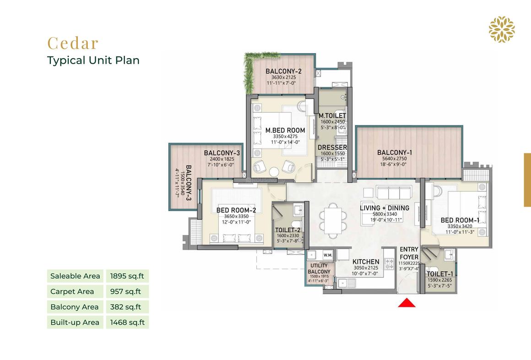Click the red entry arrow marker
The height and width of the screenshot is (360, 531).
(x=406, y=303)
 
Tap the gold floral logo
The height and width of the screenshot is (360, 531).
(x=502, y=29)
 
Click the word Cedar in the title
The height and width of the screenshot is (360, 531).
(x=73, y=43)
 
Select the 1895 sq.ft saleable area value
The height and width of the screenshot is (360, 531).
(x=127, y=276)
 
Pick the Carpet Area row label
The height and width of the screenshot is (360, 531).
(x=72, y=291)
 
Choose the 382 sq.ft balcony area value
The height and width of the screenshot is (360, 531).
(x=125, y=307)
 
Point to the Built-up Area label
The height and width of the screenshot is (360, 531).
(x=75, y=322)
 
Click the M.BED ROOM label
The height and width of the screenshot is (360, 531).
(x=285, y=130)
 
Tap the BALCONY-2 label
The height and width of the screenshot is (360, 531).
(x=283, y=71)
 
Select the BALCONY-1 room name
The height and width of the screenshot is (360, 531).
(x=395, y=153)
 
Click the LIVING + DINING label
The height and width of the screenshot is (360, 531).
(x=385, y=208)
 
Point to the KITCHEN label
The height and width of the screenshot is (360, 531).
(x=366, y=262)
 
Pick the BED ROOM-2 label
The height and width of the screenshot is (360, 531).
(x=236, y=210)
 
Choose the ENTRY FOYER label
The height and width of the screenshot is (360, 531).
(x=409, y=253)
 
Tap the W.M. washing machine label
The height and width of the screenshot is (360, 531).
(x=327, y=255)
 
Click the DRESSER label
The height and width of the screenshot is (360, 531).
(x=332, y=147)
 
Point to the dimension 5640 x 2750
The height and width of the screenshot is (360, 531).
(x=395, y=158)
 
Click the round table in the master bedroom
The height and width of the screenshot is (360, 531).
(x=274, y=172)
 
